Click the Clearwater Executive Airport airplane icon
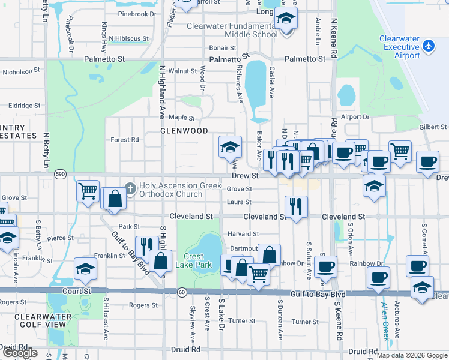click(x=428, y=46)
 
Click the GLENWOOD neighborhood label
click(x=184, y=130)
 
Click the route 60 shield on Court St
click(x=182, y=292)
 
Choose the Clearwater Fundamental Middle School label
click(x=232, y=30)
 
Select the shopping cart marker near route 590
click(x=88, y=191)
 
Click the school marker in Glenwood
click(x=229, y=146)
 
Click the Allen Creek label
click(x=385, y=324)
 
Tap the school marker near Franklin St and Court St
click(x=86, y=269)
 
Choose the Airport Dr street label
click(x=355, y=117)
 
